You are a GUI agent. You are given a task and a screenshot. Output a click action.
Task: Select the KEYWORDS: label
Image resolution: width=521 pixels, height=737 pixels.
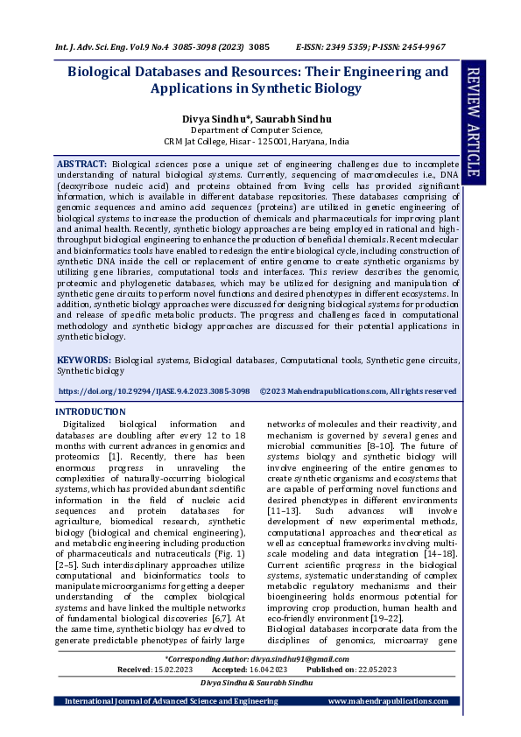coord(83,360)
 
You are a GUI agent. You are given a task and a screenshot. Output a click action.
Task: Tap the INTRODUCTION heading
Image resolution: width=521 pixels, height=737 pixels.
coord(90,411)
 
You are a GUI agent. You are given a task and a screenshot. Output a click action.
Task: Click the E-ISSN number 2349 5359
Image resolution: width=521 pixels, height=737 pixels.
coord(355,46)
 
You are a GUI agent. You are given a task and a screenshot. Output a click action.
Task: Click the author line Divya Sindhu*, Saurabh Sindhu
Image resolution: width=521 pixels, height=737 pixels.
coord(257,117)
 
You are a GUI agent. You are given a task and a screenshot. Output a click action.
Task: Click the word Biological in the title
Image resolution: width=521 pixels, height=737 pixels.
coord(108,72)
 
